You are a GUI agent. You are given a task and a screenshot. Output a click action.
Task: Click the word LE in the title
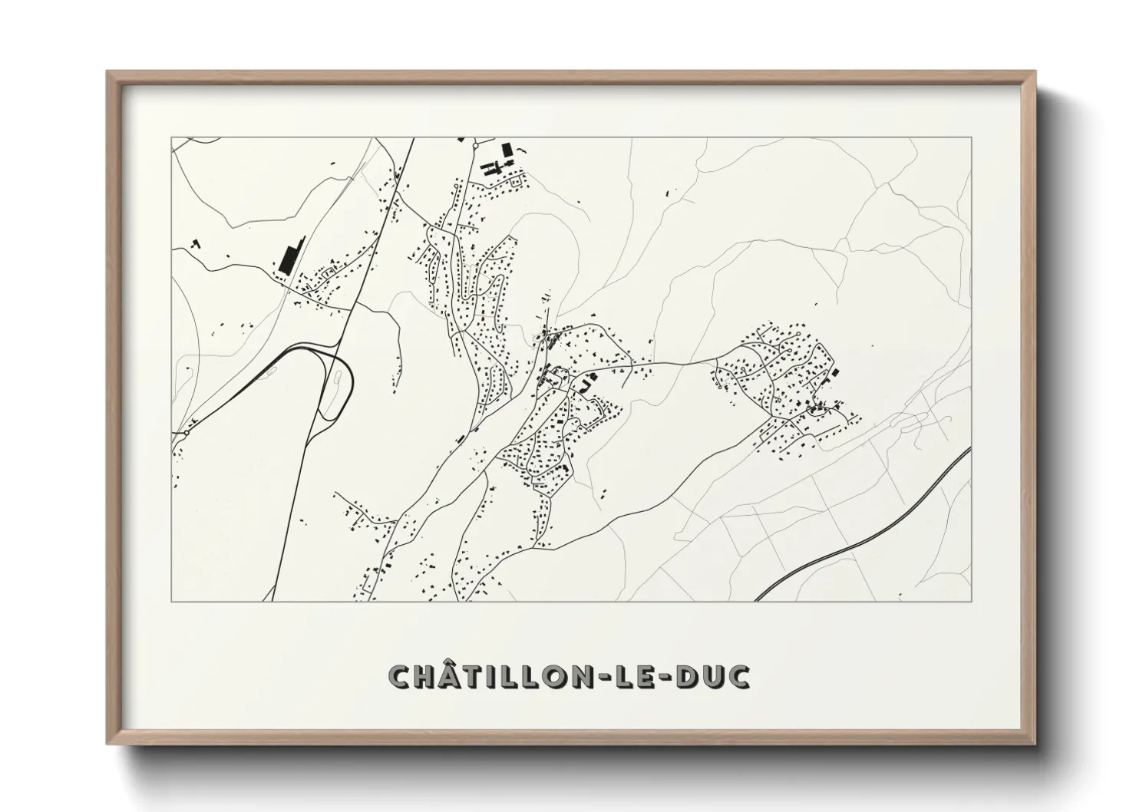[640, 676]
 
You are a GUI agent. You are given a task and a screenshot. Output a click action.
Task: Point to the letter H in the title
[429, 676]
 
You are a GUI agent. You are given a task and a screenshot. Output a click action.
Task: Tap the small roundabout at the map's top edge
[475, 144]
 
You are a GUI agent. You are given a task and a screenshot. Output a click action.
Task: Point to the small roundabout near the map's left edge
[186, 433]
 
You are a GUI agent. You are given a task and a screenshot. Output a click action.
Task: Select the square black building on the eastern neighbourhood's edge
[835, 372]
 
